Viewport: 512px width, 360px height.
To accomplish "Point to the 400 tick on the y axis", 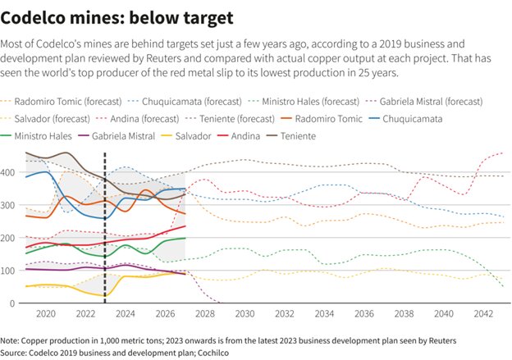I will tap(7, 172).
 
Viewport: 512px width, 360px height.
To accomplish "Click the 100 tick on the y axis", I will tap(7, 271).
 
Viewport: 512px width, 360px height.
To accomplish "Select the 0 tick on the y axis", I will tap(11, 303).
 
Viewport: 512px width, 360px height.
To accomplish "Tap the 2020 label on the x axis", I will tap(45, 314).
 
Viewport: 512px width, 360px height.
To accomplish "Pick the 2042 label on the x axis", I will tap(483, 314).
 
